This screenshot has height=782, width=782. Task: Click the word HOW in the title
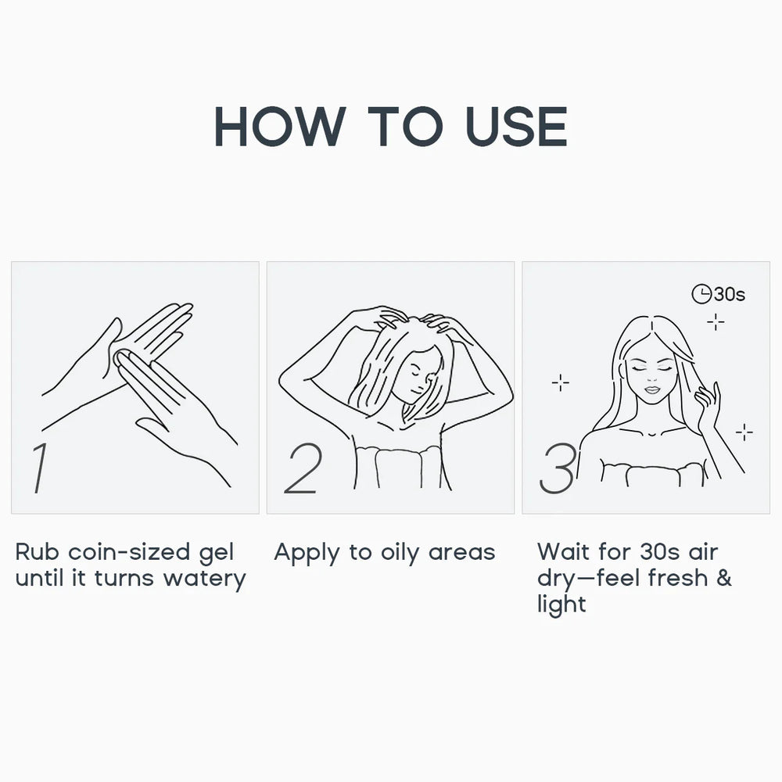(x=280, y=126)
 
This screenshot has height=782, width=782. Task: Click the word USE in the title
(x=516, y=126)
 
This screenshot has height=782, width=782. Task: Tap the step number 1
(x=40, y=468)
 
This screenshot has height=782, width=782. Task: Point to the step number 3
(x=557, y=468)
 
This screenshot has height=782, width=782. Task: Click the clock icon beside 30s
(x=701, y=294)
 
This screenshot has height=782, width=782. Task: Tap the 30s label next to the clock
(x=729, y=294)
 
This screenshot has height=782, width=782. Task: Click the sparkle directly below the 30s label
(x=716, y=322)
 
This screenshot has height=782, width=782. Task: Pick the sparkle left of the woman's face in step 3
(x=561, y=382)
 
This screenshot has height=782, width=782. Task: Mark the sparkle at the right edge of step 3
(x=744, y=432)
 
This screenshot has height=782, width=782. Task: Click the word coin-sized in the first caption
(x=129, y=552)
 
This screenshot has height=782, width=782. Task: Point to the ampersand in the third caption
(x=723, y=578)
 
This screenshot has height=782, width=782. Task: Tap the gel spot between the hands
(x=121, y=358)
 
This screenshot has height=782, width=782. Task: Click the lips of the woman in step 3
(x=652, y=389)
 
